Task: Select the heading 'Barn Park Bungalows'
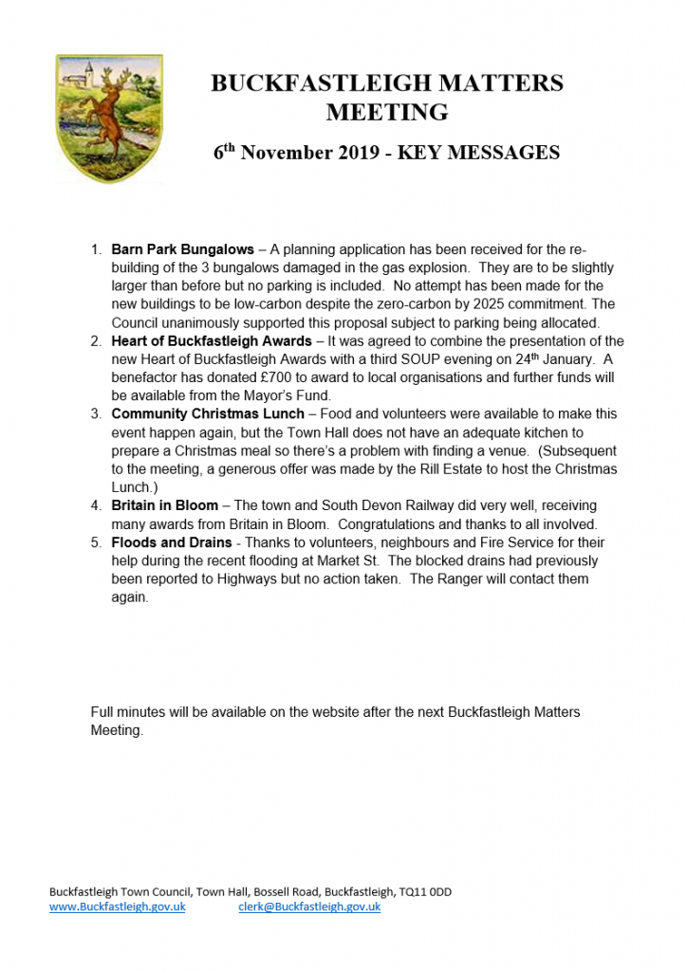(x=182, y=249)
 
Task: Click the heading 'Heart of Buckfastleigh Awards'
(x=211, y=340)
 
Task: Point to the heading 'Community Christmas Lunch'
(x=208, y=414)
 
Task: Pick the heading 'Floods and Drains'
(x=171, y=542)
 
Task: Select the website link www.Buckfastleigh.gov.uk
(x=118, y=907)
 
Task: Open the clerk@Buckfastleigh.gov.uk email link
(x=309, y=907)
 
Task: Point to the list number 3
(x=96, y=414)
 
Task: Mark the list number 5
(x=96, y=542)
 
